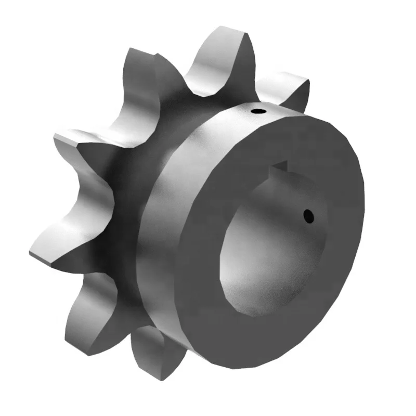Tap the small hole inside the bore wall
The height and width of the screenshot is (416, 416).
[308, 214]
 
